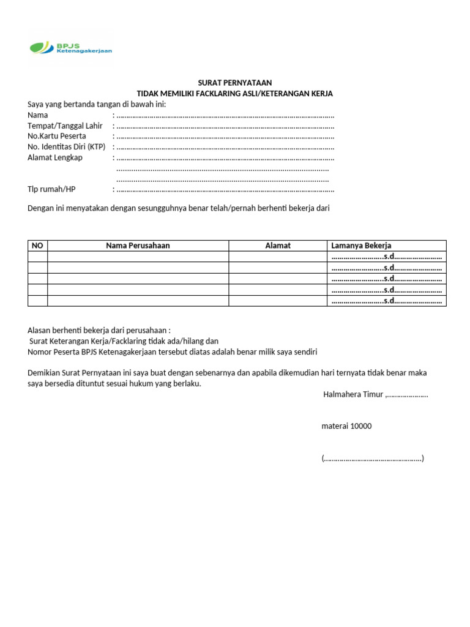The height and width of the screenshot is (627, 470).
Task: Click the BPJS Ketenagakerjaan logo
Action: click(x=70, y=48)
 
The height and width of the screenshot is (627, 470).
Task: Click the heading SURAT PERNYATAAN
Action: click(x=235, y=83)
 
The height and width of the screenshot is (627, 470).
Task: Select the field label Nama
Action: click(x=38, y=115)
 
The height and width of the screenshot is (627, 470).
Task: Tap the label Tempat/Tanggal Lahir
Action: click(x=65, y=126)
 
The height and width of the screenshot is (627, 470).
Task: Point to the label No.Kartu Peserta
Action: click(x=57, y=136)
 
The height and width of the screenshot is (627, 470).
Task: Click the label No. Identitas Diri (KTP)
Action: click(x=67, y=147)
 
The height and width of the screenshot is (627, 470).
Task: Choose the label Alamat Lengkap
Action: click(x=55, y=157)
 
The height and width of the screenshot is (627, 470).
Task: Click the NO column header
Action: click(x=37, y=246)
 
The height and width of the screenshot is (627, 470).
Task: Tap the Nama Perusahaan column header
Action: click(x=138, y=246)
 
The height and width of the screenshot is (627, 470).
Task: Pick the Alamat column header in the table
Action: click(x=278, y=246)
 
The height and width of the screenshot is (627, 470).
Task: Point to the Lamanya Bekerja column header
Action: click(x=361, y=246)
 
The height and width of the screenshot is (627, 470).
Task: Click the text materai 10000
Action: click(x=346, y=426)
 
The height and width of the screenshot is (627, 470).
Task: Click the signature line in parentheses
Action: click(x=373, y=458)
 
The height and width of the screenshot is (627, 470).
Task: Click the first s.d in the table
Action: click(x=389, y=257)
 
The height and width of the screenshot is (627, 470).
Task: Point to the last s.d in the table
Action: click(x=389, y=301)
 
